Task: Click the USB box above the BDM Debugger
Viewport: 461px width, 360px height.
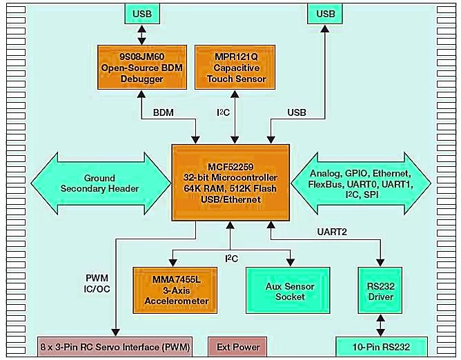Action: (141, 14)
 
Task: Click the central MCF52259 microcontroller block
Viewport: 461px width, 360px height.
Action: (230, 182)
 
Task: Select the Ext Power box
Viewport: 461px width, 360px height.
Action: (238, 347)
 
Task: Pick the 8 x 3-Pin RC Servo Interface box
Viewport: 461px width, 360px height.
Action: (114, 347)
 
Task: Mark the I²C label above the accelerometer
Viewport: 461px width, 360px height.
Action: (232, 257)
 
